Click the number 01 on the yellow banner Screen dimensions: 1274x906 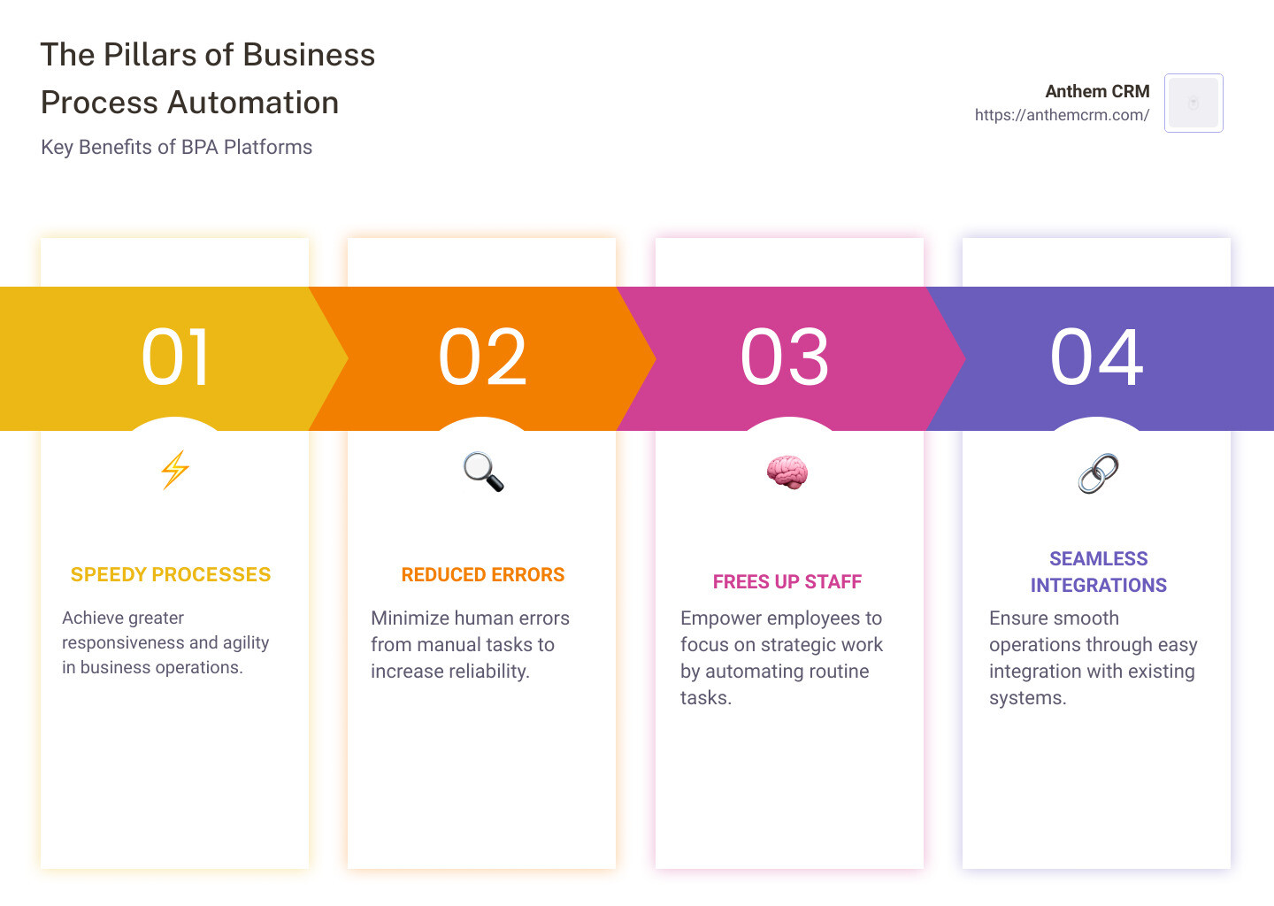[x=175, y=357]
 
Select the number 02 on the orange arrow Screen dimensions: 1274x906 [x=482, y=357]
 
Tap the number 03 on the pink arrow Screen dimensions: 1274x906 [x=785, y=357]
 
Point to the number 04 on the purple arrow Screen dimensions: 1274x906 [x=1096, y=357]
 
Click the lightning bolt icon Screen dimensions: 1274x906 [x=175, y=470]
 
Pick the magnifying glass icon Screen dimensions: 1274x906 [x=483, y=472]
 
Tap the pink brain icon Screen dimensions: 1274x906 [x=787, y=472]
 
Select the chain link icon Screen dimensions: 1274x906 [x=1098, y=473]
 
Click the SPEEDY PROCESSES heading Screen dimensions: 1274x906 [x=171, y=575]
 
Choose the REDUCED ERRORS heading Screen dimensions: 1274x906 [x=483, y=575]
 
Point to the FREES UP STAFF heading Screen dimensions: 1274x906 [x=787, y=582]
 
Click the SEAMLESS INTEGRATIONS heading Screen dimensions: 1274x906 [x=1098, y=572]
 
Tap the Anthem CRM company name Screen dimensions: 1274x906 [x=1097, y=91]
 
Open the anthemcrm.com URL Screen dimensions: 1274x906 [x=1062, y=115]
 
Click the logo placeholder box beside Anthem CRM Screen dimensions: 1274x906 [x=1193, y=103]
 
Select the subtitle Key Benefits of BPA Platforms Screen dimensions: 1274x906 [x=176, y=147]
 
